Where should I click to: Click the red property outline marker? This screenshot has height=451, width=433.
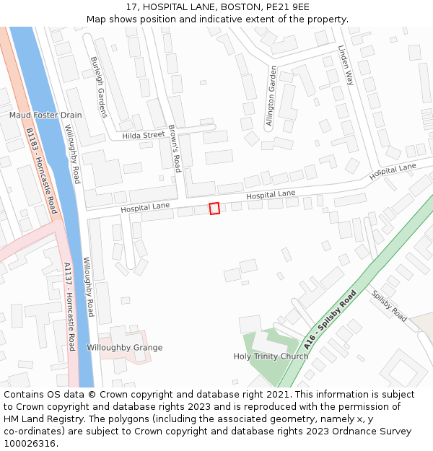click(214, 209)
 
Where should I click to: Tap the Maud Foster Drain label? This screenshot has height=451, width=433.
click(45, 115)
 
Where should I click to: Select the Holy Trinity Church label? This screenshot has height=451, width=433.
click(271, 356)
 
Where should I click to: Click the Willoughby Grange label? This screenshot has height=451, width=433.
click(125, 348)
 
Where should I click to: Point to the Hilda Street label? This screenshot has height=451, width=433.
click(144, 135)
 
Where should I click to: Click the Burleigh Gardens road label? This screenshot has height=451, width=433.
click(97, 87)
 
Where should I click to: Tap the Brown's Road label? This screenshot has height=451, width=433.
click(174, 149)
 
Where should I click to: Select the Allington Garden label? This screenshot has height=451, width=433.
click(271, 97)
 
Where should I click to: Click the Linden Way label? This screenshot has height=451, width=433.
click(346, 65)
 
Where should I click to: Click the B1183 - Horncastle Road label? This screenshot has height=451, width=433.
click(41, 170)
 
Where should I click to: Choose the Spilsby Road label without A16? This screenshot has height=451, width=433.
click(389, 306)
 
